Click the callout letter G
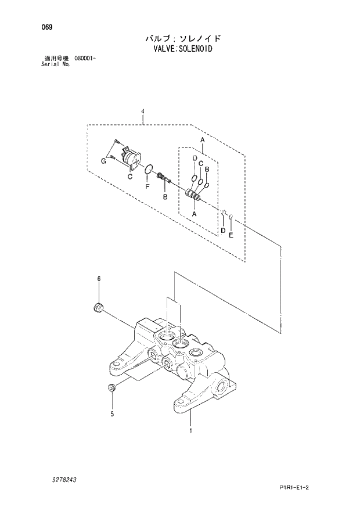coord(103,161)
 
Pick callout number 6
coord(99,279)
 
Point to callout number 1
coord(190,430)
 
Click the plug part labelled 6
coord(99,307)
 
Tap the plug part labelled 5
coord(111,389)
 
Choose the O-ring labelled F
coord(149,170)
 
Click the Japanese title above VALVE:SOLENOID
coord(182,38)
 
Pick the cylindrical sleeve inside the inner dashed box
coord(193,196)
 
